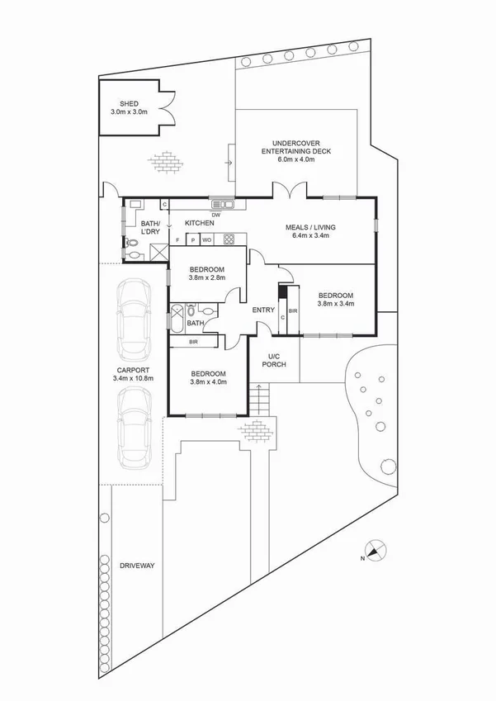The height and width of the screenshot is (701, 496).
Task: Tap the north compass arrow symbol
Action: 376,551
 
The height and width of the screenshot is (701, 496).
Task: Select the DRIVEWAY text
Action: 137,566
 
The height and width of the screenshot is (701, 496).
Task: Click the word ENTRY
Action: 263,310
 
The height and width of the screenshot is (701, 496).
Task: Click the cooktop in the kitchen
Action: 229,240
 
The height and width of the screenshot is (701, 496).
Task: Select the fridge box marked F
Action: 178,240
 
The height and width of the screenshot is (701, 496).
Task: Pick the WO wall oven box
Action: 207,240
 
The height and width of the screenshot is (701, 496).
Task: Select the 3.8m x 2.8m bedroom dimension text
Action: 206,278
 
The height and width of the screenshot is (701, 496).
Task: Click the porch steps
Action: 261,402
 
